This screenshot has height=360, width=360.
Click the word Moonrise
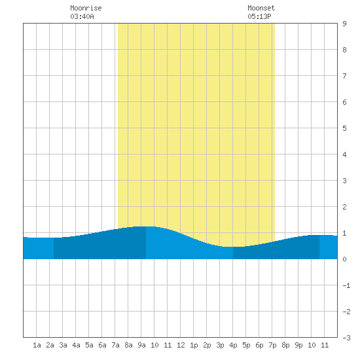(86, 8)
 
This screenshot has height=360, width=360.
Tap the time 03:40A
(82, 16)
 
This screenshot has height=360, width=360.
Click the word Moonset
(261, 8)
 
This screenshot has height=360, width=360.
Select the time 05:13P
(259, 16)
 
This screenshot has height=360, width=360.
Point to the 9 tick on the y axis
(344, 24)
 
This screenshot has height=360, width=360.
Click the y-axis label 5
(344, 128)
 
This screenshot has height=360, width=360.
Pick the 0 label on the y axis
(344, 259)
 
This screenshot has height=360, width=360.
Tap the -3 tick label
(346, 338)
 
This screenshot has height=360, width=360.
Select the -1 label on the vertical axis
(346, 285)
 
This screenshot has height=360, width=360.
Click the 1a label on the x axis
(37, 345)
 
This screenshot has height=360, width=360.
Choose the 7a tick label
(115, 345)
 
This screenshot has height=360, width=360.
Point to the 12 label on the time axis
(181, 345)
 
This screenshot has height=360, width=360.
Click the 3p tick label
(220, 345)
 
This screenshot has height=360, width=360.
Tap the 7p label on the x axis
(272, 345)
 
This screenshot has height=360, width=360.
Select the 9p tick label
(298, 345)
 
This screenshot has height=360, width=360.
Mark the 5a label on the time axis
(89, 345)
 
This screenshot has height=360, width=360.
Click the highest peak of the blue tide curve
(146, 226)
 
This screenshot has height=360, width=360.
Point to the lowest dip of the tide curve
(233, 247)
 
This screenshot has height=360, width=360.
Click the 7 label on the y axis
(344, 76)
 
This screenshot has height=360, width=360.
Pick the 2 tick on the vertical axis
(344, 207)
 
